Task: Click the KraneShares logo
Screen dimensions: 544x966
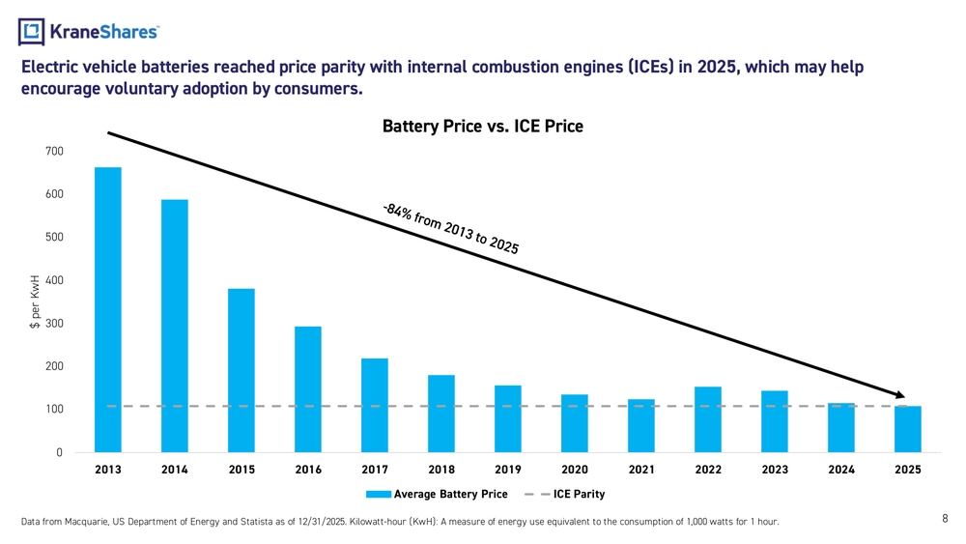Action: coord(89,32)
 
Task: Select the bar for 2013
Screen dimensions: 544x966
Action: coord(108,309)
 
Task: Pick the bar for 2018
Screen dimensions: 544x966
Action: coord(441,413)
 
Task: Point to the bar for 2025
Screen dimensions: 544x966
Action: coord(908,428)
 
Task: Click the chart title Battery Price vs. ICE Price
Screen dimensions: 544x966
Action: coord(483,127)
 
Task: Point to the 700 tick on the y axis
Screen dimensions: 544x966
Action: coord(54,152)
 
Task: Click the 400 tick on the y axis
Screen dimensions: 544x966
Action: coord(54,280)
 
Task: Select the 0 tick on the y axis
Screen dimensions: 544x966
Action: coord(59,452)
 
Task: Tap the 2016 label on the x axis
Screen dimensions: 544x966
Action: coord(308,470)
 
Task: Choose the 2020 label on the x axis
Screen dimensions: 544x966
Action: coord(575,470)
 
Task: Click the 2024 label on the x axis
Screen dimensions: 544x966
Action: coord(841,470)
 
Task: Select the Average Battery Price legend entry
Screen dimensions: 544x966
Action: coord(436,495)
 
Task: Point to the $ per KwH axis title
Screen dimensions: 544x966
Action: coord(34,301)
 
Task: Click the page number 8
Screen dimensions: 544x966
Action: coord(945,519)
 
